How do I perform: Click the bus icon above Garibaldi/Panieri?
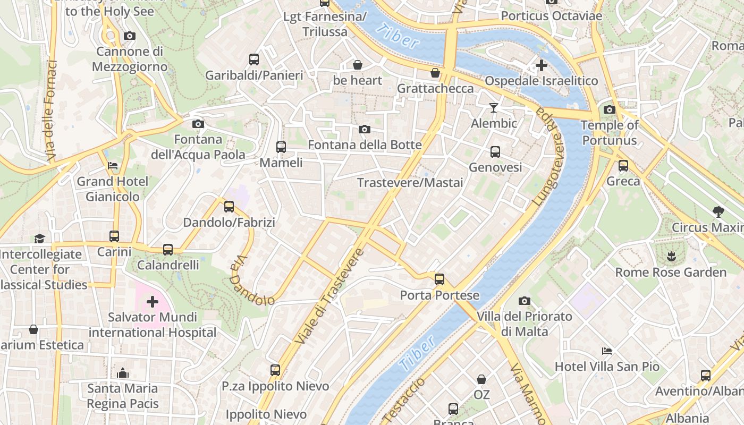coord(254,59)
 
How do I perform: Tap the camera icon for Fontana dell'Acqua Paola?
coord(198,124)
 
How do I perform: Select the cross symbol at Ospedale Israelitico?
coord(541,65)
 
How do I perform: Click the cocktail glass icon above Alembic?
coord(494,108)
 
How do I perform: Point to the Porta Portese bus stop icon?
coord(439,279)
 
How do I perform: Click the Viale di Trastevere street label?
coord(329,295)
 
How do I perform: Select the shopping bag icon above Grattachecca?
coord(435,73)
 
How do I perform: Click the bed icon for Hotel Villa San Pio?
coord(607,351)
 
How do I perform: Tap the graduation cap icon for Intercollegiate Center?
coord(39,238)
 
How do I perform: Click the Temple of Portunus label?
coord(610,133)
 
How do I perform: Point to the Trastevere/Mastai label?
coord(410,183)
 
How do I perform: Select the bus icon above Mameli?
coord(281,147)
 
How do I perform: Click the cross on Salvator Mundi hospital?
coord(153,302)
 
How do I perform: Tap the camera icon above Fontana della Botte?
coord(365,129)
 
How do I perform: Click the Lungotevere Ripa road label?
coord(551,157)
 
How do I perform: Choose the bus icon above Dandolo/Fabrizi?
coord(229,206)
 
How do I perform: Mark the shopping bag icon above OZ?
coord(481,379)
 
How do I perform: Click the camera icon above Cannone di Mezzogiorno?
coord(129,36)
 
